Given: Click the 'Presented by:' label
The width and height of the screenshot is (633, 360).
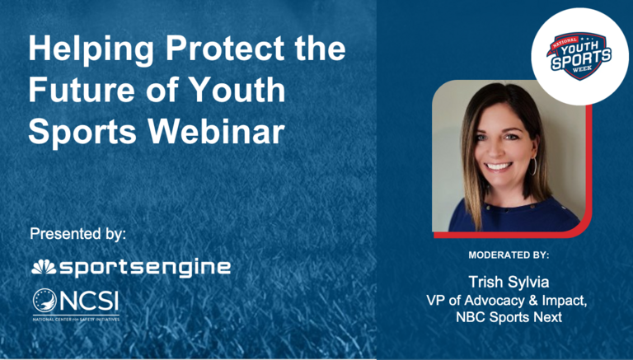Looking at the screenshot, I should pos(78,233).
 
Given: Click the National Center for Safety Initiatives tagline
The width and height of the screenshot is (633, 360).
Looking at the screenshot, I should pos(75,318).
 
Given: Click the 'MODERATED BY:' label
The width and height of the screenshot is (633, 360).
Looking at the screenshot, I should pos(508,255).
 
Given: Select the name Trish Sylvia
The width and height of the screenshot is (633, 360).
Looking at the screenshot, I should pos(508,281).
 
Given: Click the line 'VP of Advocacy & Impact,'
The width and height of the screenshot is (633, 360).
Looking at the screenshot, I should pos(508,300).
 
